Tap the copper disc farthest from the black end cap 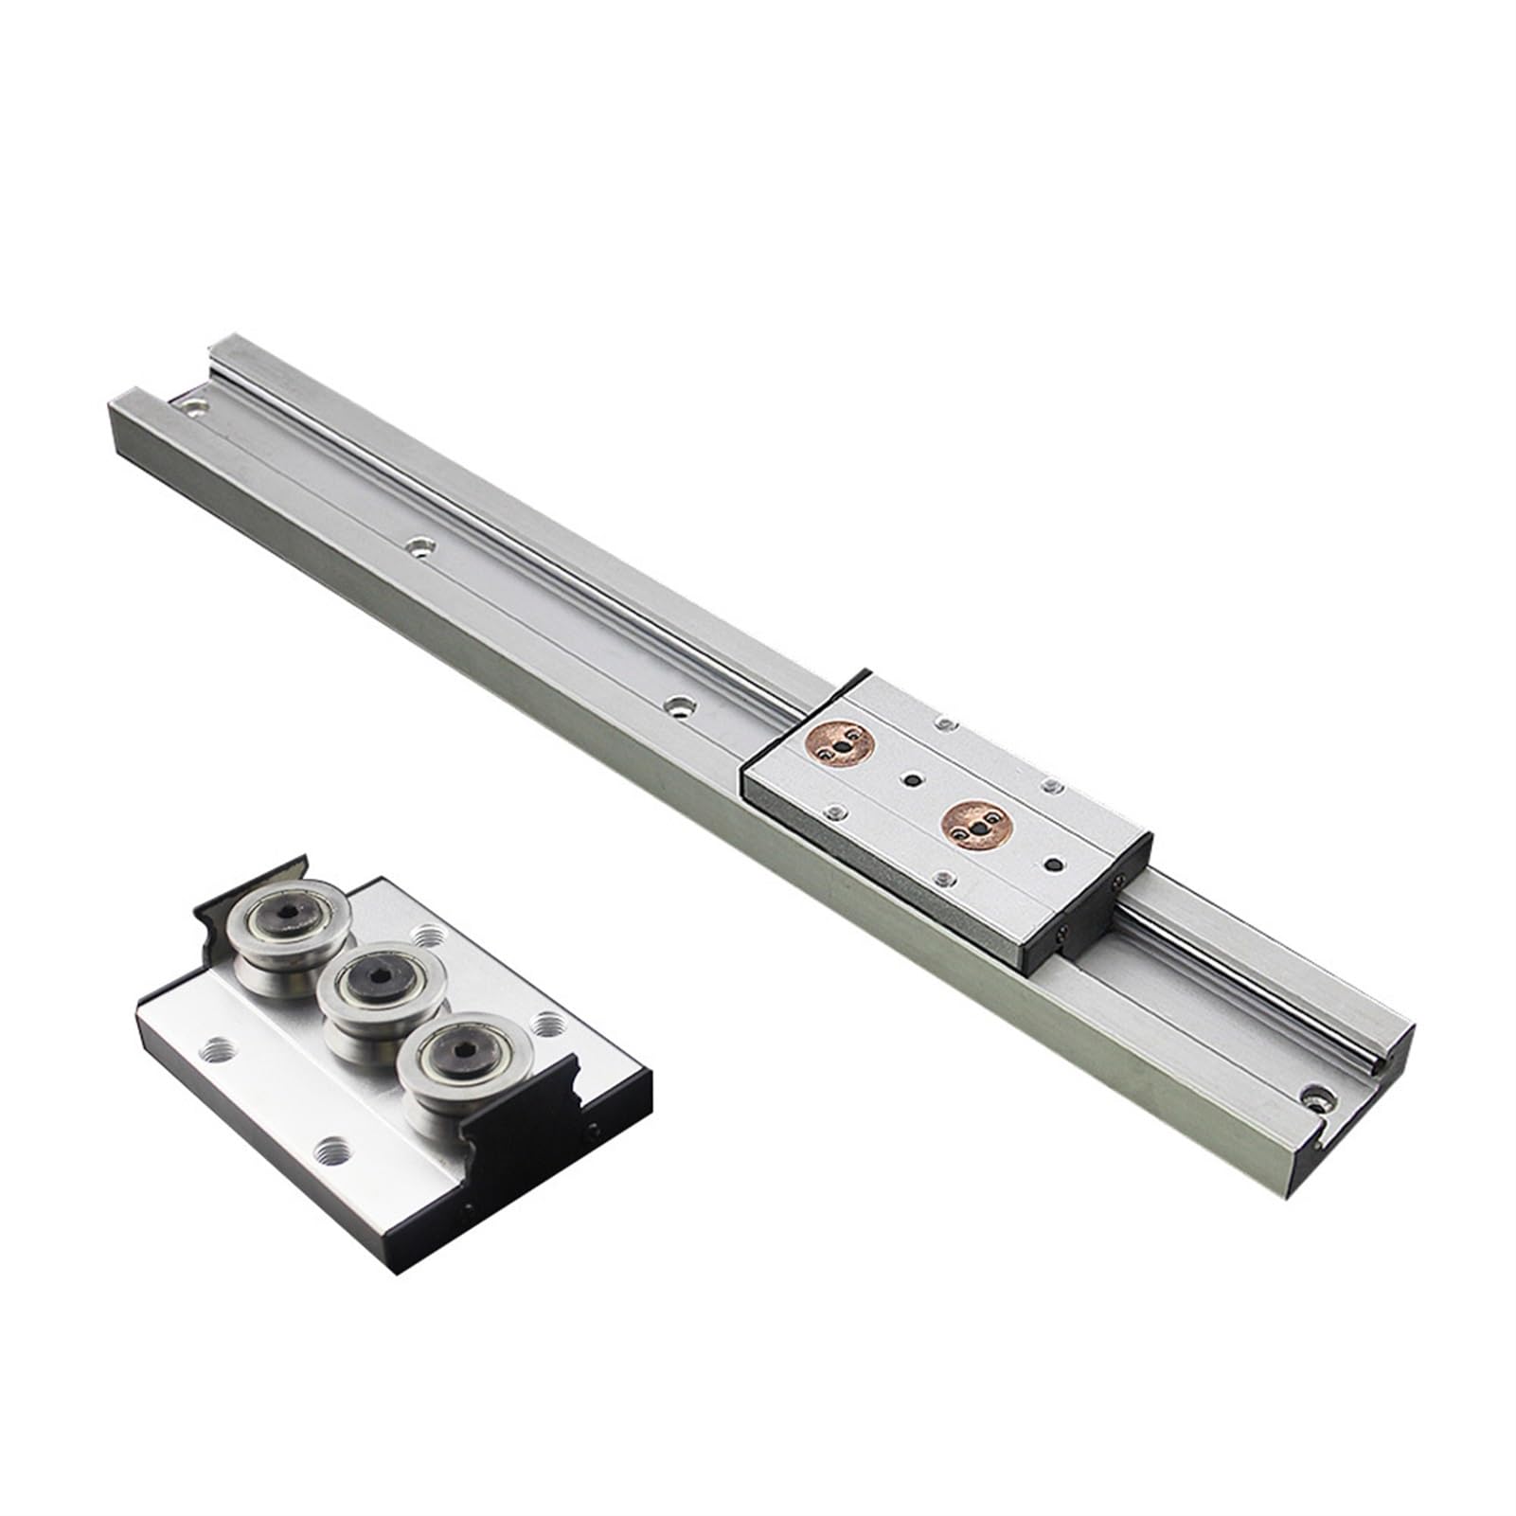tap(834, 748)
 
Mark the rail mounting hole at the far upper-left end tap(194, 408)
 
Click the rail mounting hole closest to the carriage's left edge tap(678, 705)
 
